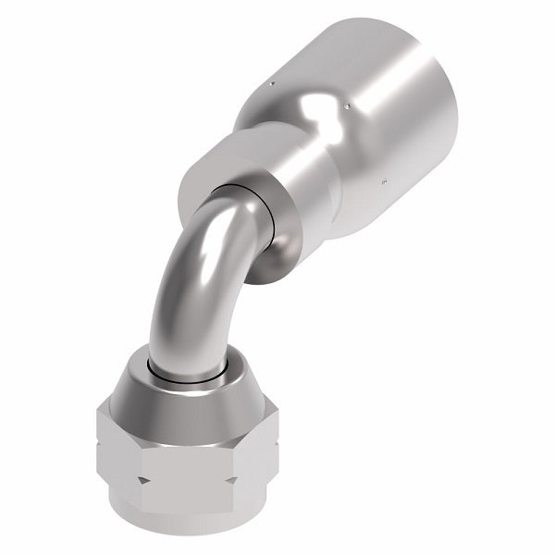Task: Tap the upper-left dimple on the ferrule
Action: [270, 85]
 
